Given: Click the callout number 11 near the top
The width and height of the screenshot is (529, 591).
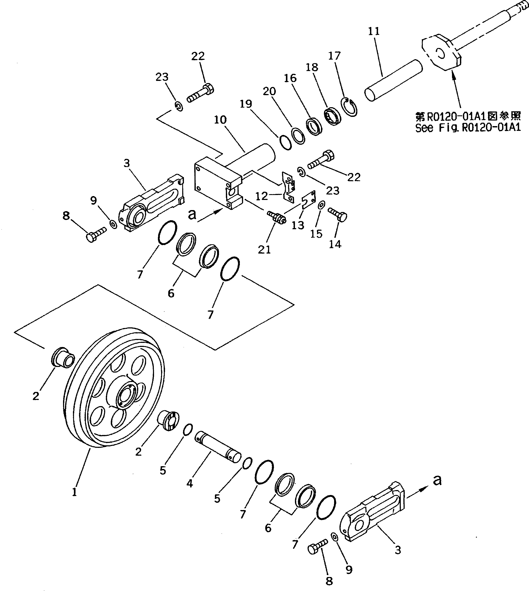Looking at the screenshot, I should coord(374,31).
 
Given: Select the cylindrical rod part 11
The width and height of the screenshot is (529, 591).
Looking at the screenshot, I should coord(394,80).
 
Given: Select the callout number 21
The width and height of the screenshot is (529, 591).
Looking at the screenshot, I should coord(264,249).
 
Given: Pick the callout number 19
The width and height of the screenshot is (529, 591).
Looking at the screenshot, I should coord(246,104).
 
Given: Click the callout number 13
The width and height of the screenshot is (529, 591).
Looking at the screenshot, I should coord(298,225).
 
